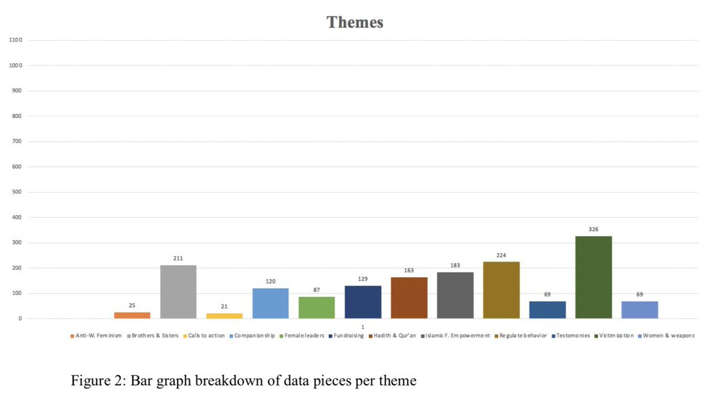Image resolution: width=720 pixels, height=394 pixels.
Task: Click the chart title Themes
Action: click(355, 23)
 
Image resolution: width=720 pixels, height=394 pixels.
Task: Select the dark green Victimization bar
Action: click(593, 277)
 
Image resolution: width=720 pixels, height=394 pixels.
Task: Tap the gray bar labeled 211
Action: click(178, 291)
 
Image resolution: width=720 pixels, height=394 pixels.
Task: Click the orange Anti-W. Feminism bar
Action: click(132, 315)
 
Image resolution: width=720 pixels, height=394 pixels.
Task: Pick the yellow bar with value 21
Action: click(224, 315)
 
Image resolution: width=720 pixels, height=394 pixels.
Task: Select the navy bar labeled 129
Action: click(363, 302)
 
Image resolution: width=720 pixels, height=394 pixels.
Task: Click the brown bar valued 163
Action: click(409, 297)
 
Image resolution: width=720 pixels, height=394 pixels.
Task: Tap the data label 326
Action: click(593, 229)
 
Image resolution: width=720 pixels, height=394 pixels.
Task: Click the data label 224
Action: click(501, 255)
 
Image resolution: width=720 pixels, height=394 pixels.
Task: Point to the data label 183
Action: click(455, 265)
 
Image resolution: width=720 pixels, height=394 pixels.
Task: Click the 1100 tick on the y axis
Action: click(16, 40)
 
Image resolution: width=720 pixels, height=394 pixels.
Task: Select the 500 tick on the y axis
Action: click(16, 192)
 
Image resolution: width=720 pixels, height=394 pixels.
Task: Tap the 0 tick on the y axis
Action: click(20, 318)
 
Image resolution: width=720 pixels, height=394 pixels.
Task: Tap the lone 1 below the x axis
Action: click(363, 327)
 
